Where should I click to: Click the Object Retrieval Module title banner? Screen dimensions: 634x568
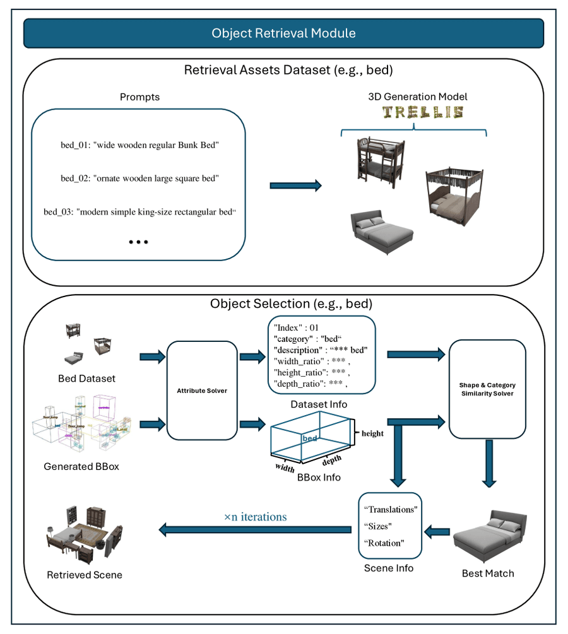tap(283, 33)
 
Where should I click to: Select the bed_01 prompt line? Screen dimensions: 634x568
tap(139, 146)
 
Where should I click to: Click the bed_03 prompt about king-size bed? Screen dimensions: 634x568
tap(139, 211)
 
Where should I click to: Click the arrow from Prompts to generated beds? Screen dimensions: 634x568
tap(295, 185)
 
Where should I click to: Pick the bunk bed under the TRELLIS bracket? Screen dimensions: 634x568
tap(379, 160)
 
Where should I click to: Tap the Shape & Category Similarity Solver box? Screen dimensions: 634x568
tap(487, 389)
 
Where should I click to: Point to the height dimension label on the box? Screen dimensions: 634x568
tap(372, 433)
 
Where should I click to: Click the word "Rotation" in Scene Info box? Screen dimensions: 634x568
tap(384, 543)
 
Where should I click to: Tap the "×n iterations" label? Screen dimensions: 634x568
tap(255, 517)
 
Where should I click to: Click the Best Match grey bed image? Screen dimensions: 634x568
tap(489, 536)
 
